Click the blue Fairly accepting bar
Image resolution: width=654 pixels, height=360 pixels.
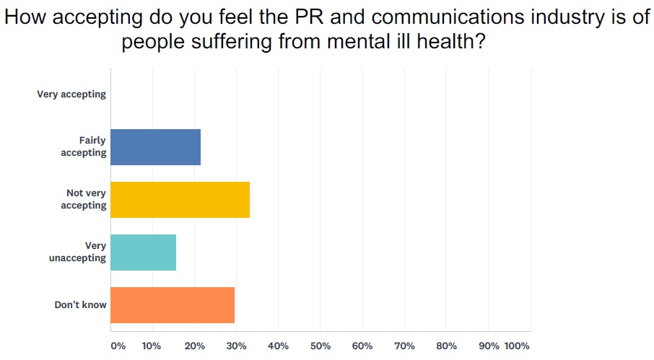(x=155, y=147)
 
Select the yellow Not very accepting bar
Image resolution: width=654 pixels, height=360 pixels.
(x=180, y=200)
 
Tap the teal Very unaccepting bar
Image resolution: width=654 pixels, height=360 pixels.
(x=143, y=253)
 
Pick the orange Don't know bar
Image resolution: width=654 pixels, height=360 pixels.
(x=173, y=305)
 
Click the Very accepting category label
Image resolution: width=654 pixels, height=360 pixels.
(x=71, y=95)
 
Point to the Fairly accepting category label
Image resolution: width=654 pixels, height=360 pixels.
(x=84, y=147)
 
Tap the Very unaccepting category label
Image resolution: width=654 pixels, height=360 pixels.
(x=78, y=253)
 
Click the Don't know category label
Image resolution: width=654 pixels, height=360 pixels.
(x=81, y=305)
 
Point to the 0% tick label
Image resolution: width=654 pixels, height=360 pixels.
(x=118, y=346)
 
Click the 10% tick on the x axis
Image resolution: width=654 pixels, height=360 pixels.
(x=152, y=346)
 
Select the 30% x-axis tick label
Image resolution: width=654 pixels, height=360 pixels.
(x=236, y=346)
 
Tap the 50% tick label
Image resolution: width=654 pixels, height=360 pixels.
(x=320, y=346)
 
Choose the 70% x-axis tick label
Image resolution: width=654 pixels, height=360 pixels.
(x=404, y=346)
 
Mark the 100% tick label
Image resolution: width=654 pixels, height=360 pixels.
(x=517, y=346)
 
